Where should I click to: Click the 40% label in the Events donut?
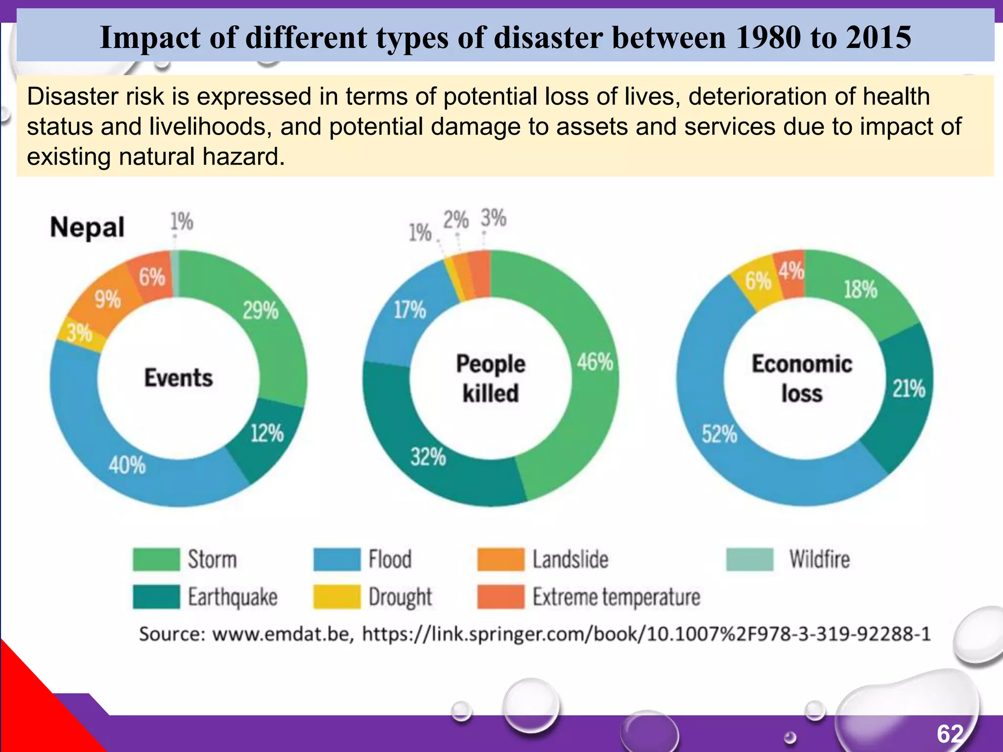click(127, 465)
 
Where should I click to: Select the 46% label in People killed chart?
click(595, 362)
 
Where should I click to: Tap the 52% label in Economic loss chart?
click(719, 434)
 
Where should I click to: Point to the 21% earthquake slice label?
click(909, 389)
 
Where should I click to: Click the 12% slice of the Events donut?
click(267, 434)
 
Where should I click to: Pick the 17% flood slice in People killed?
click(410, 310)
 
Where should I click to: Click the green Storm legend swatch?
click(156, 560)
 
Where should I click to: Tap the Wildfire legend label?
click(819, 560)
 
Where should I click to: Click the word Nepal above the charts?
click(87, 228)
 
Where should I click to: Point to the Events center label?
click(178, 378)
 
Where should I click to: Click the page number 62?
click(950, 734)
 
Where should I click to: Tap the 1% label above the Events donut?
click(181, 222)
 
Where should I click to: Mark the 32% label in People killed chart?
click(428, 457)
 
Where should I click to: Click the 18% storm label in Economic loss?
click(860, 289)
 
